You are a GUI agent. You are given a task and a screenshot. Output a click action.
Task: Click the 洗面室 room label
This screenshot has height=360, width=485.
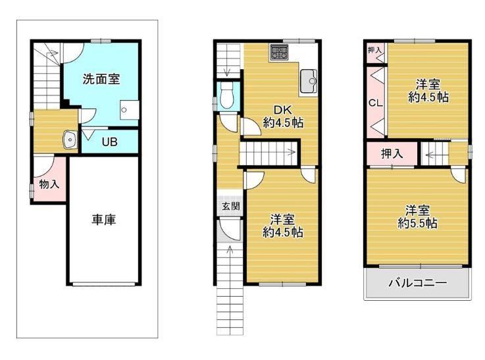101,79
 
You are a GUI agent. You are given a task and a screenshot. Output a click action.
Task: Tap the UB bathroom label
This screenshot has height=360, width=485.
109,142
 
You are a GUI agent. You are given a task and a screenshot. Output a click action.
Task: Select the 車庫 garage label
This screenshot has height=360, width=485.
103,220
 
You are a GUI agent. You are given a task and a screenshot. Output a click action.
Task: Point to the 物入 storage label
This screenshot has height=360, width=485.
49,184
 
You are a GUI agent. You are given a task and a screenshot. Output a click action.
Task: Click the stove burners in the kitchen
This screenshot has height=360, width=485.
279,51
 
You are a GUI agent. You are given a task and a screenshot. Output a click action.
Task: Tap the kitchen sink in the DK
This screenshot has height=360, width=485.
308,82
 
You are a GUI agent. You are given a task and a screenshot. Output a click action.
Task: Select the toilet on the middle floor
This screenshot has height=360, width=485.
227,95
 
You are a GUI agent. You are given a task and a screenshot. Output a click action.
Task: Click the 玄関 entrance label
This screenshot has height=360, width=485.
231,206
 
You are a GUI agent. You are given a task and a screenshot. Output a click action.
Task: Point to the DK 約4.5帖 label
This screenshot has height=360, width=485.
283,116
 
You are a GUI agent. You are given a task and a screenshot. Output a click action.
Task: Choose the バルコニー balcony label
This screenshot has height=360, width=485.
418,283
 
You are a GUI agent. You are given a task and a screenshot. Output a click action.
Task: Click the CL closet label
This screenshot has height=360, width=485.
376,103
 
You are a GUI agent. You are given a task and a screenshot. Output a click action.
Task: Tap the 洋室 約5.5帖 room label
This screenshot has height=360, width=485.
418,217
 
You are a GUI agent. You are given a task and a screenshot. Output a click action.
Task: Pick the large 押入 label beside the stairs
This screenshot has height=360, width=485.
392,153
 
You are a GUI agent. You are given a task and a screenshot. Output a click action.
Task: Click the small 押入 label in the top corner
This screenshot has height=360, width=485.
374,49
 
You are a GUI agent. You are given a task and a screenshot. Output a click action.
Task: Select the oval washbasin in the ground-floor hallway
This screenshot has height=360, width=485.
70,140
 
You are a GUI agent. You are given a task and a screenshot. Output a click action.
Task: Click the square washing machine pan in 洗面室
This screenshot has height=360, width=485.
129,110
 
